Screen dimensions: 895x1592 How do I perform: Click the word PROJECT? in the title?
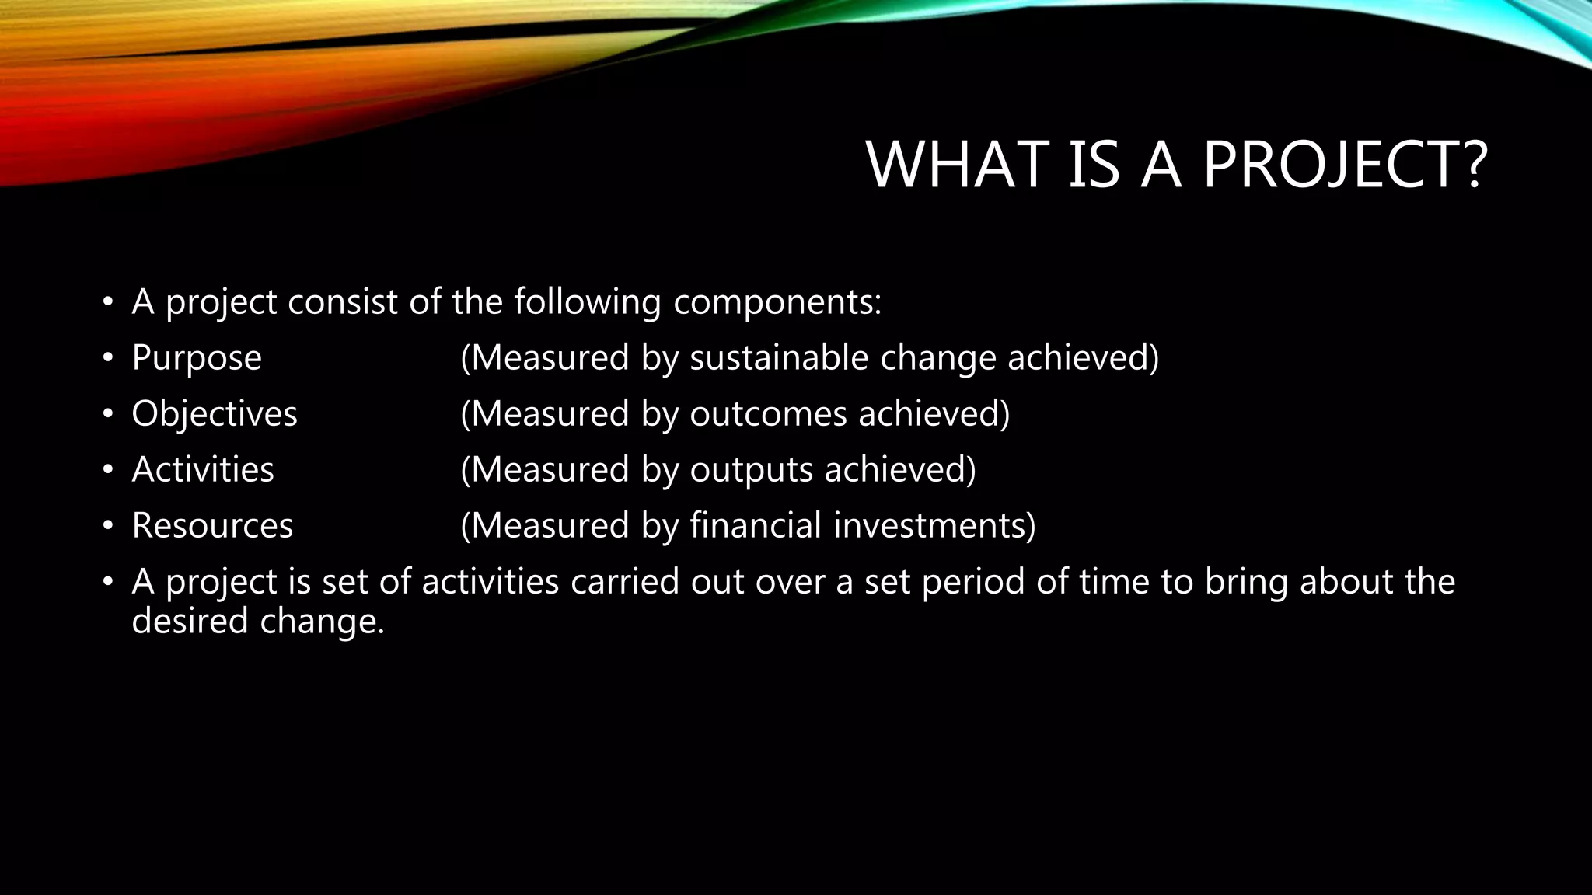(x=1345, y=165)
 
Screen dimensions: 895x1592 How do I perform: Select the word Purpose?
(x=197, y=358)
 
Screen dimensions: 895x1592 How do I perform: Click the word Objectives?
(x=215, y=413)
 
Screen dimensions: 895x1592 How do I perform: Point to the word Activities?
(x=203, y=469)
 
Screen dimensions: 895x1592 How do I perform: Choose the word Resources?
(x=212, y=525)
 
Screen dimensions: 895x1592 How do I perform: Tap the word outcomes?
(x=768, y=413)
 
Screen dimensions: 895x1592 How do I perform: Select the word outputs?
(x=751, y=469)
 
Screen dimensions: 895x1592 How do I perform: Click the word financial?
(x=756, y=525)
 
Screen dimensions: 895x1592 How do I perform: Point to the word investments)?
(x=934, y=525)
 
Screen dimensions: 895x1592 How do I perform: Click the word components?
(x=777, y=302)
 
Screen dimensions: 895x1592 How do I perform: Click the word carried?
(x=625, y=582)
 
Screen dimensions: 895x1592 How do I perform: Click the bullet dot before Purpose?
(x=109, y=359)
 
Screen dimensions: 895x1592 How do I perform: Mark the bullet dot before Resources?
(x=109, y=527)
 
